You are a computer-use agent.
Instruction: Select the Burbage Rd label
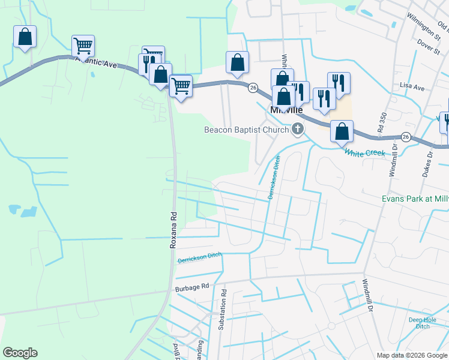coord(191,288)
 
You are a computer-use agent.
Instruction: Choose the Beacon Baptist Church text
coord(247,130)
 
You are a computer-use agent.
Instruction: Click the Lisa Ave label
coord(412,88)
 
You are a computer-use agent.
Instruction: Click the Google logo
coord(20,353)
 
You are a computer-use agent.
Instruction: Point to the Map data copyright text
coord(412,355)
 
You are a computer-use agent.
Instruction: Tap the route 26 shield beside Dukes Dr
coord(406,137)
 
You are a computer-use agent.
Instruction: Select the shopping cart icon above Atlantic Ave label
coord(83,45)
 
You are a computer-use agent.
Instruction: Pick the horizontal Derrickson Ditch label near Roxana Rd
coord(200,257)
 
